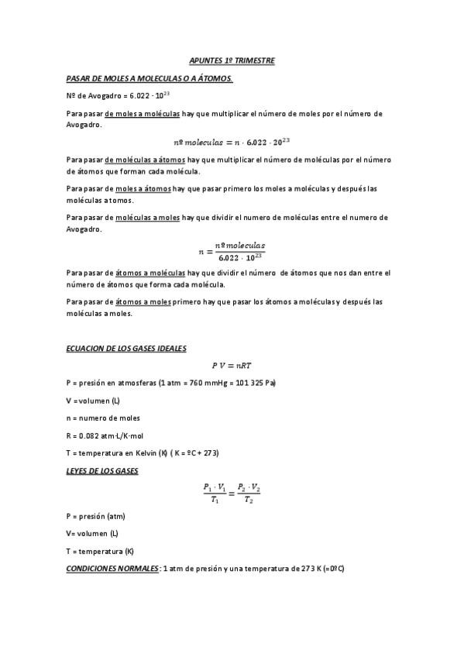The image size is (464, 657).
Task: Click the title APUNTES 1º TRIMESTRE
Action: point(232,60)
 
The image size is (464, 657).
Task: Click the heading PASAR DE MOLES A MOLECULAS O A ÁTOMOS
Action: point(150,79)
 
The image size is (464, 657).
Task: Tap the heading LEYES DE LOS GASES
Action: point(102,470)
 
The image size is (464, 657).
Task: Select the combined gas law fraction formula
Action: point(232,493)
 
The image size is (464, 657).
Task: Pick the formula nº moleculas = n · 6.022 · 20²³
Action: point(232,142)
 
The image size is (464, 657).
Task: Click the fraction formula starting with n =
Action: point(232,249)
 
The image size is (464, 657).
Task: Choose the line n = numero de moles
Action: point(103,418)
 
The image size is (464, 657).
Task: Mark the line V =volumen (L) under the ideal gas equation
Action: point(93,401)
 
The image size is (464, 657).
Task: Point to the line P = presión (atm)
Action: point(96,516)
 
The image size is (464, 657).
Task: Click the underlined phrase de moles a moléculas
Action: point(142,114)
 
